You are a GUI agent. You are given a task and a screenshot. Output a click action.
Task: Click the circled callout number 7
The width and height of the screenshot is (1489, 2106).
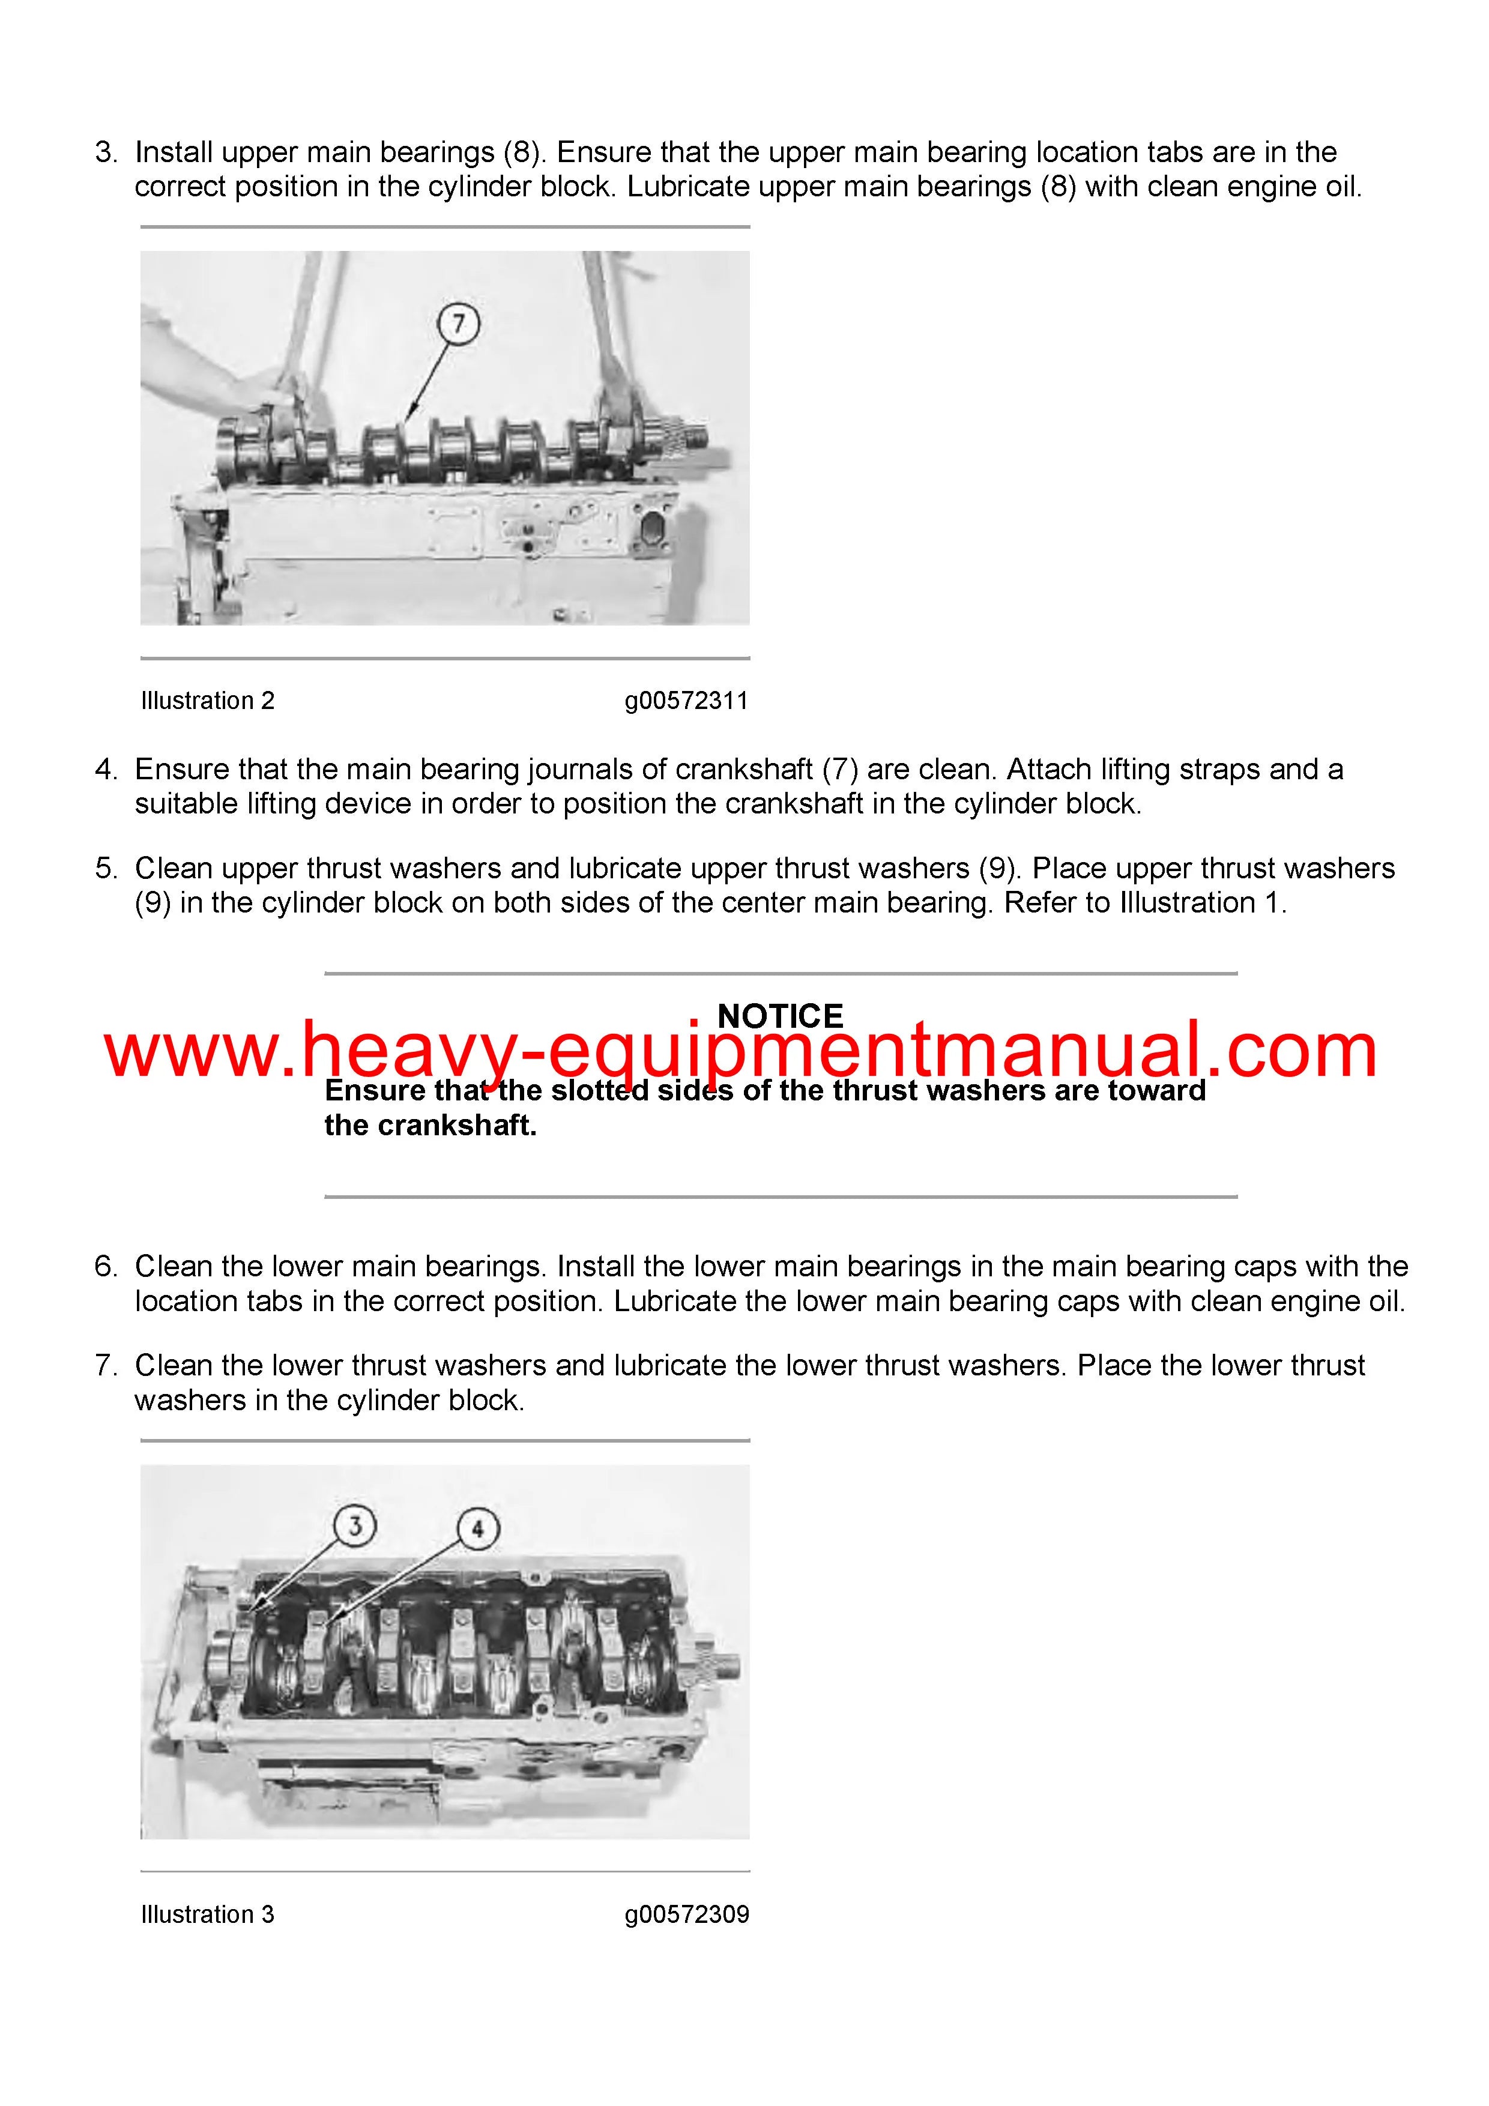458,324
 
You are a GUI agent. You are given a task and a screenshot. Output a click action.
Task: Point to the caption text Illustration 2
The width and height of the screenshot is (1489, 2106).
207,701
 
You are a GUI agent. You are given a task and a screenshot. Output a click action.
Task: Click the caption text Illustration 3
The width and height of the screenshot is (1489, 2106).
207,1914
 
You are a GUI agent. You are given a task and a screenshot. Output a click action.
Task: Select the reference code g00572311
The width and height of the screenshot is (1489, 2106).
686,701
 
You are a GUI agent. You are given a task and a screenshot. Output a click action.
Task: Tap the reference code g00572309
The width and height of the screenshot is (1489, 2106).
686,1914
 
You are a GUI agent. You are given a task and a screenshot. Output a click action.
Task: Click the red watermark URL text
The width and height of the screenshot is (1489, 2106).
741,1051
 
